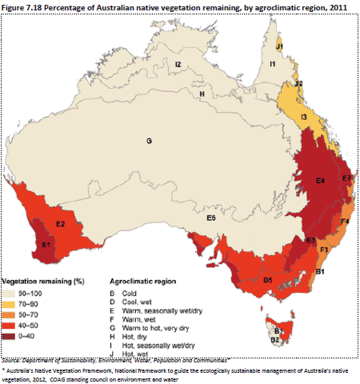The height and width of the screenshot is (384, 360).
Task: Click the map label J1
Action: point(280,46)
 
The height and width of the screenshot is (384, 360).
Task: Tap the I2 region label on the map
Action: point(179,64)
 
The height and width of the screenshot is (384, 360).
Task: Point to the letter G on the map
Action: point(148,141)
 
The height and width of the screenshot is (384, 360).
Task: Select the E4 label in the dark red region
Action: point(319,181)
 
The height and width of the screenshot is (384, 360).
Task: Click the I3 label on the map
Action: point(304,118)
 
